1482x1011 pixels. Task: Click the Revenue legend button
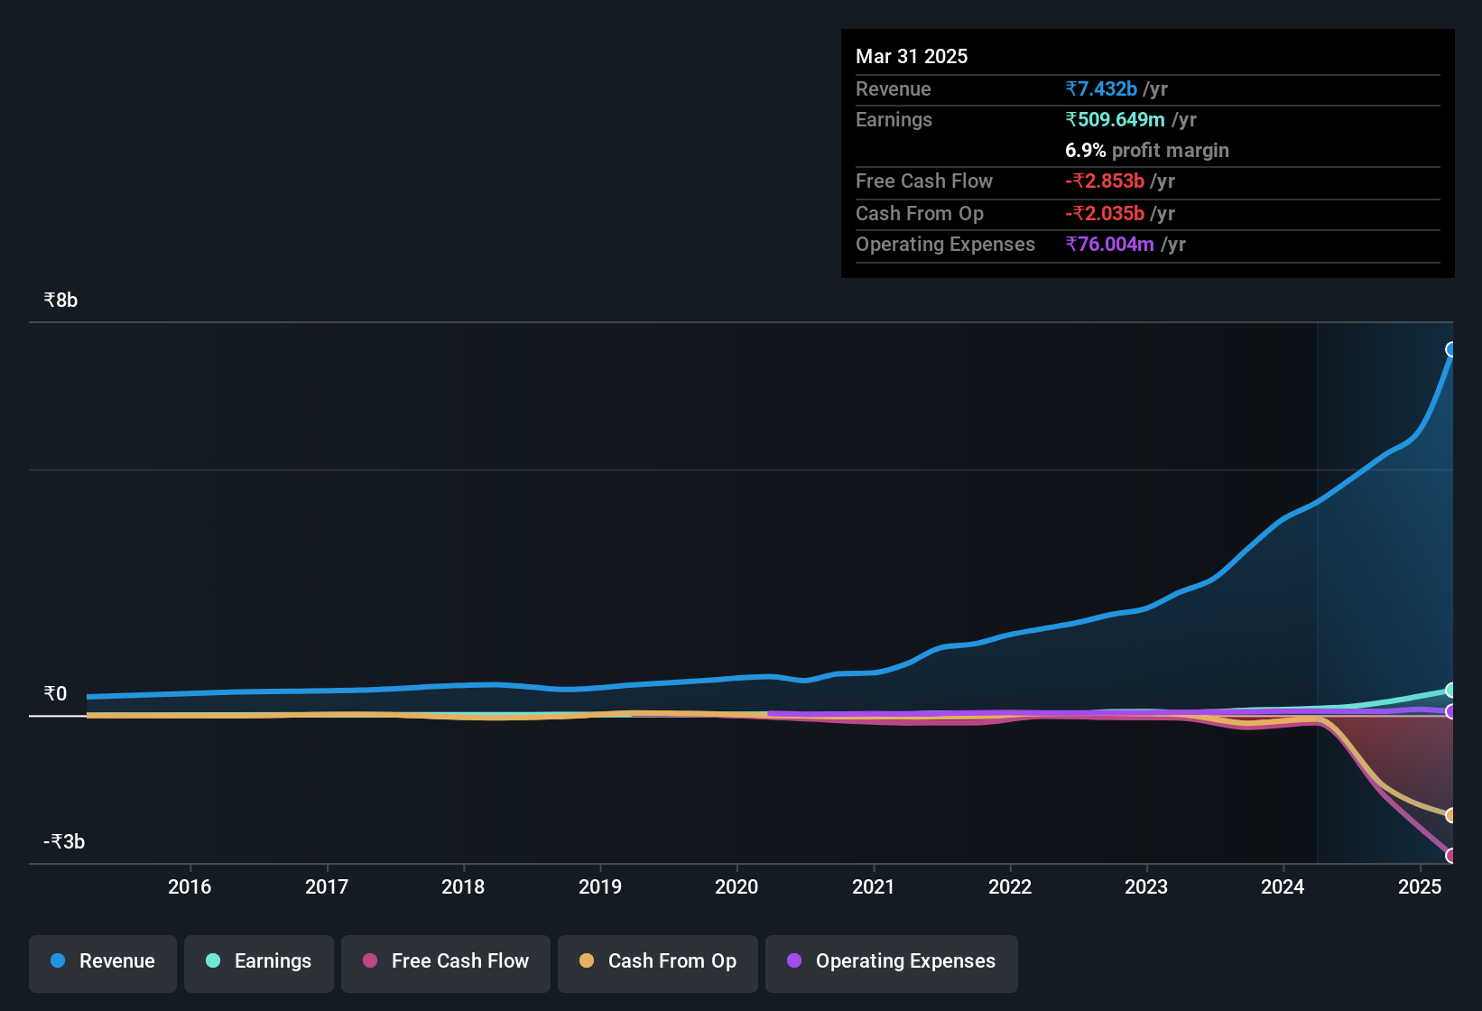103,961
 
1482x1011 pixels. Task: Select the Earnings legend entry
259,961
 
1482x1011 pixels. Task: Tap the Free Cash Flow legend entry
446,961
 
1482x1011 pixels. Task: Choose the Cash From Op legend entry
658,961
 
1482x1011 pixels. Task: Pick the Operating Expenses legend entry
892,961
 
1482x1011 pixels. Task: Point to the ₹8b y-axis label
60,301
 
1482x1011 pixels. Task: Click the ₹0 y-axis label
55,694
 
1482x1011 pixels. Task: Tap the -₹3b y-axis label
64,842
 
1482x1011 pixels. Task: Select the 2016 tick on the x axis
190,887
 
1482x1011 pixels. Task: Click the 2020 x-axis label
736,887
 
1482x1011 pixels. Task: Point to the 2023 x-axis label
1146,887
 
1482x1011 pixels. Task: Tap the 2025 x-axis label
1420,887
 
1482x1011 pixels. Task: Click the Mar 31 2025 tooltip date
912,57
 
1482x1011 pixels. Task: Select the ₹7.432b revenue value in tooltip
1101,89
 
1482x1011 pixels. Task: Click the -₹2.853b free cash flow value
1105,181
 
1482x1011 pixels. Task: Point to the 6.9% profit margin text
1146,151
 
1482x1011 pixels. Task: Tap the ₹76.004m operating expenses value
1109,245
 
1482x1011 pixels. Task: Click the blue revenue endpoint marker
1451,349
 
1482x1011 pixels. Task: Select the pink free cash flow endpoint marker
1451,855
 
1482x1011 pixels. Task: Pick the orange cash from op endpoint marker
1451,815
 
